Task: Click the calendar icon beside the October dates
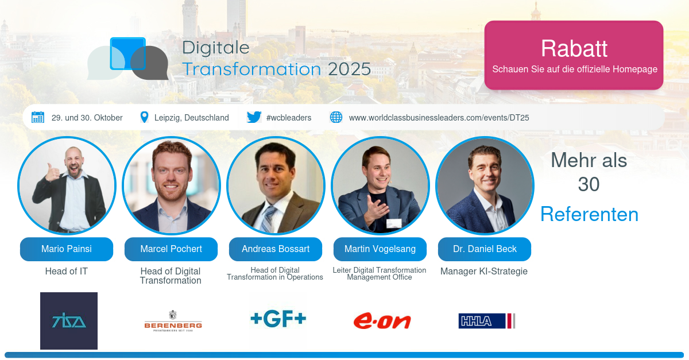[38, 117]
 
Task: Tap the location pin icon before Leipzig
[144, 117]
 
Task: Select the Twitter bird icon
[254, 117]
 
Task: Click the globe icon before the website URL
[336, 117]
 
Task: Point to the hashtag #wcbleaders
[288, 118]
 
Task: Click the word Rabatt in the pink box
[574, 48]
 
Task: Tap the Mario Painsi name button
[67, 249]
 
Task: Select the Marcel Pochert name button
[171, 249]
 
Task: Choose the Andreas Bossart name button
[276, 249]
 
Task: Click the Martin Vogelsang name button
[380, 249]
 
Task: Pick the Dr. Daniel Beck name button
[485, 249]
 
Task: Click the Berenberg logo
[173, 321]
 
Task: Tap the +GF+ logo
[278, 319]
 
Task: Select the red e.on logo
[382, 321]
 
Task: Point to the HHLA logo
[487, 321]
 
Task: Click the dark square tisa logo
[69, 321]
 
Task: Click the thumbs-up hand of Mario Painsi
[52, 174]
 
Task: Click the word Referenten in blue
[589, 214]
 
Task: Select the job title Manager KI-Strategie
[484, 272]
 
